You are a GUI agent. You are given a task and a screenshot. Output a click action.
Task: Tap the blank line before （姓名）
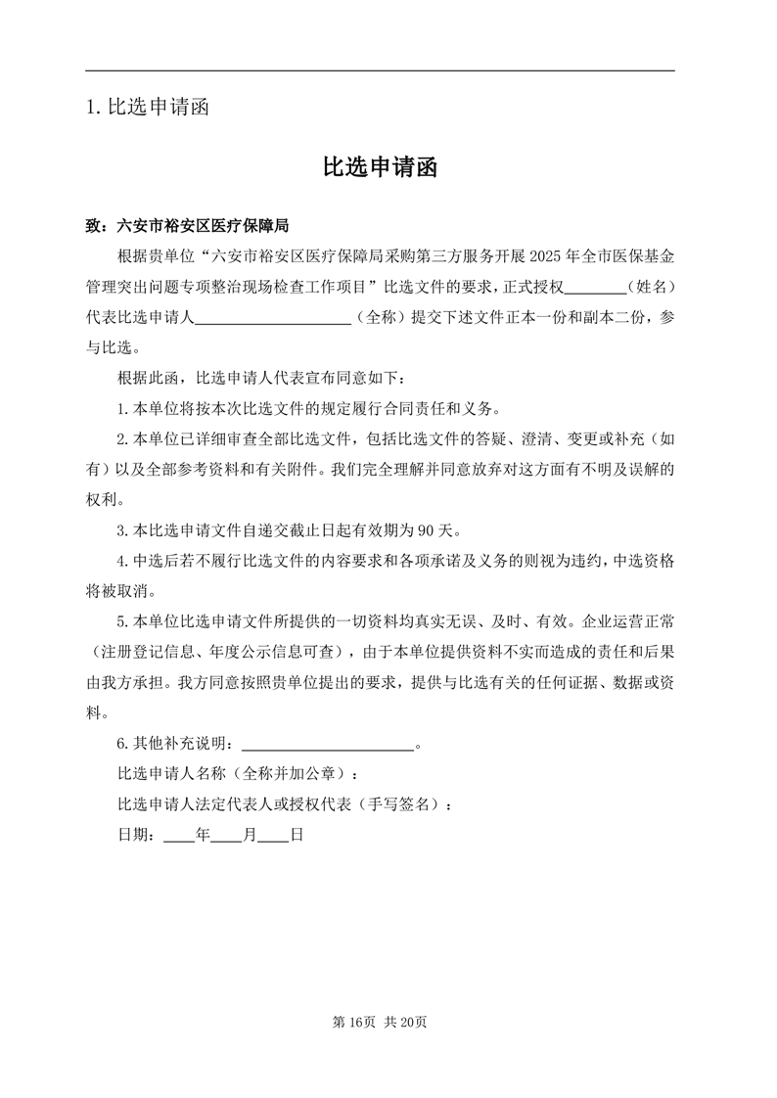pos(595,289)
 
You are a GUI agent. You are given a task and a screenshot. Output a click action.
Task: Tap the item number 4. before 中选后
pos(122,562)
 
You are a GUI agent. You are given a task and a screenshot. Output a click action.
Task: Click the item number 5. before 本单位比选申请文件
pos(122,622)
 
